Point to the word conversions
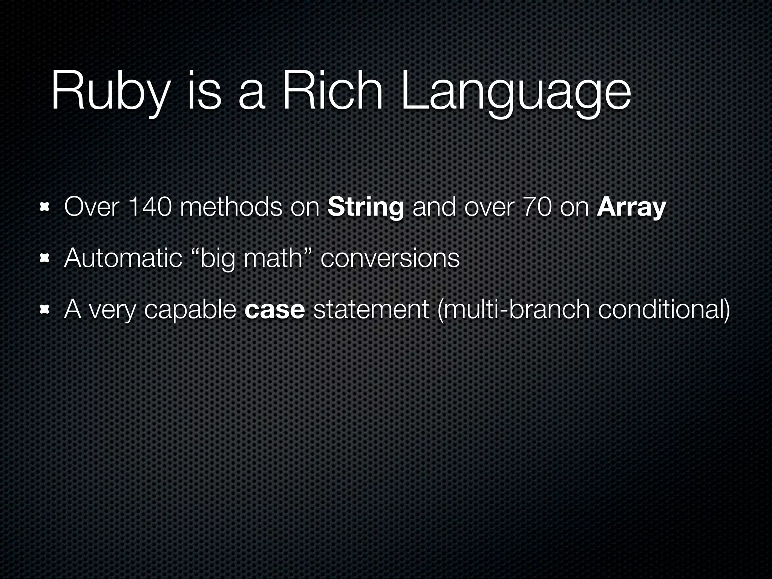(x=390, y=258)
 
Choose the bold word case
(x=274, y=309)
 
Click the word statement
(x=371, y=309)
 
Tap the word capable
(x=190, y=309)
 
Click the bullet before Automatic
(x=45, y=258)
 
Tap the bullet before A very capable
(x=45, y=309)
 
